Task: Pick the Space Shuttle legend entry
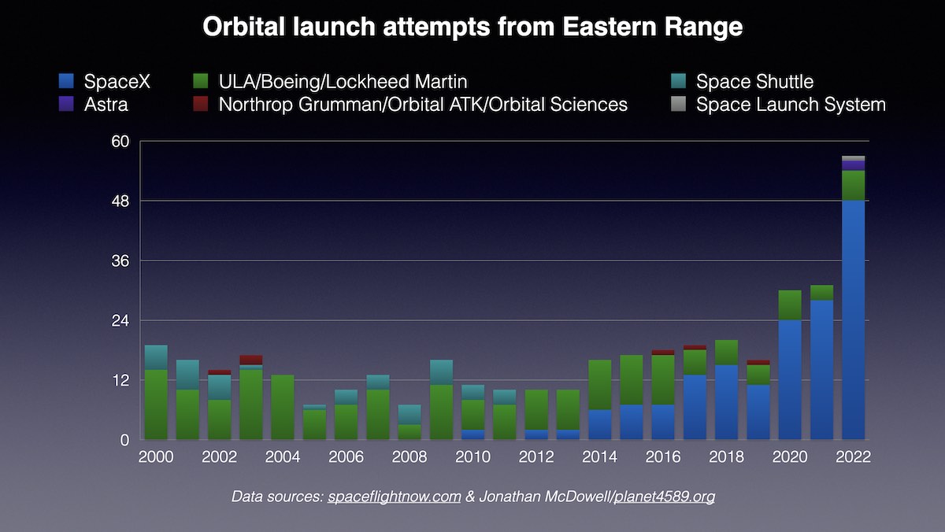point(754,81)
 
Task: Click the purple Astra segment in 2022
point(853,165)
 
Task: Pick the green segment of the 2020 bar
point(790,305)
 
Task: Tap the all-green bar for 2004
point(283,407)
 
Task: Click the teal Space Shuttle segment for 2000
point(156,357)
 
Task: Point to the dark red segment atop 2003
point(251,360)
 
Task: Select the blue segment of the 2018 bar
point(727,402)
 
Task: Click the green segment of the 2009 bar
point(441,412)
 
